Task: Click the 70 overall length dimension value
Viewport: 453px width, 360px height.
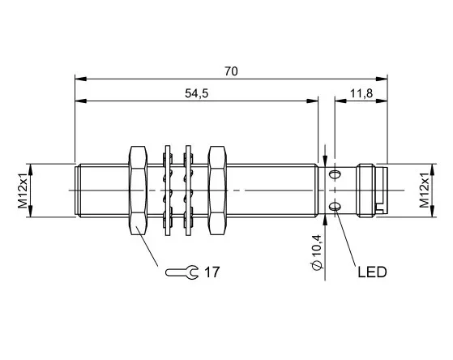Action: point(231,71)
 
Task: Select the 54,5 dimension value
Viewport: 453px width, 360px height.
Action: point(196,93)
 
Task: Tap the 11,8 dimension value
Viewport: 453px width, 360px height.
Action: point(361,93)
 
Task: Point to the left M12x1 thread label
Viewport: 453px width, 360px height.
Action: point(23,191)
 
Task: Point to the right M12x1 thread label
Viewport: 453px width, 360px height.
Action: point(425,191)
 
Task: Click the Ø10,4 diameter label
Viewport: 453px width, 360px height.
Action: point(317,252)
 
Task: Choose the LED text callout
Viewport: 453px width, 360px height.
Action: point(372,272)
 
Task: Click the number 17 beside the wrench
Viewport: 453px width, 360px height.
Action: point(212,272)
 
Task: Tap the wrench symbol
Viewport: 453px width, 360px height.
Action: point(182,272)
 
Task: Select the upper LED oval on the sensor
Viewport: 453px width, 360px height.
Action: point(335,174)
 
